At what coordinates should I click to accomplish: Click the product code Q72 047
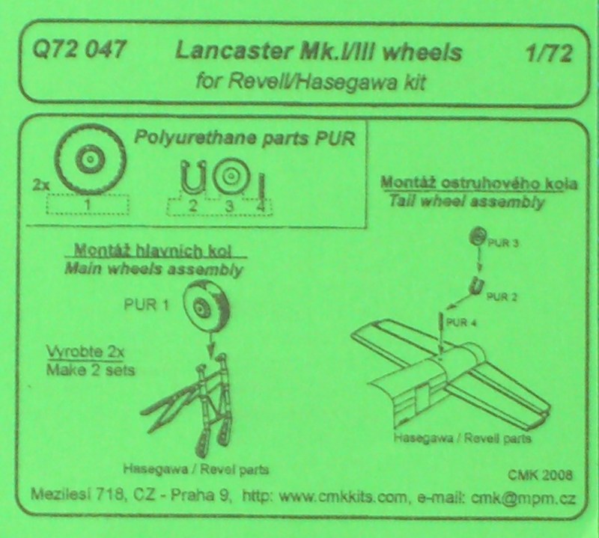coord(79,49)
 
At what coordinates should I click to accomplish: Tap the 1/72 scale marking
coord(550,54)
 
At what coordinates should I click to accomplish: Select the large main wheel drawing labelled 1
coord(90,159)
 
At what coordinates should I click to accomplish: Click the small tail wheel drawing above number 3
coord(231,176)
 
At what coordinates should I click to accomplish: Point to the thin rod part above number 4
coord(261,187)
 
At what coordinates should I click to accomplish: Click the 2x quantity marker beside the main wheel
coord(41,186)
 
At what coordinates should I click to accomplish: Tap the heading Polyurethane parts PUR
coord(245,138)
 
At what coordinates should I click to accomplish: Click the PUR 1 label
coord(146,305)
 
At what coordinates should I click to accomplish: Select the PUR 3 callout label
coord(503,243)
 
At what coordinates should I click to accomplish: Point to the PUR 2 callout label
coord(502,296)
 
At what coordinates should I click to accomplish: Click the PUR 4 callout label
coord(461,323)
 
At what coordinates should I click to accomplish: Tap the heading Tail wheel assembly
coord(466,201)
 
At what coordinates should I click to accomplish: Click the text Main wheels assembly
coord(154,269)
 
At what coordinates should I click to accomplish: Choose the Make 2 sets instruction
coord(91,370)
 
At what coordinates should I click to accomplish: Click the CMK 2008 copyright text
coord(540,474)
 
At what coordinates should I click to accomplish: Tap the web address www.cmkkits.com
coord(343,497)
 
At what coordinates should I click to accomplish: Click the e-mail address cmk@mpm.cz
coord(523,498)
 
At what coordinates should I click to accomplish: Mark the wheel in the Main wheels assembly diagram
coord(207,305)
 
